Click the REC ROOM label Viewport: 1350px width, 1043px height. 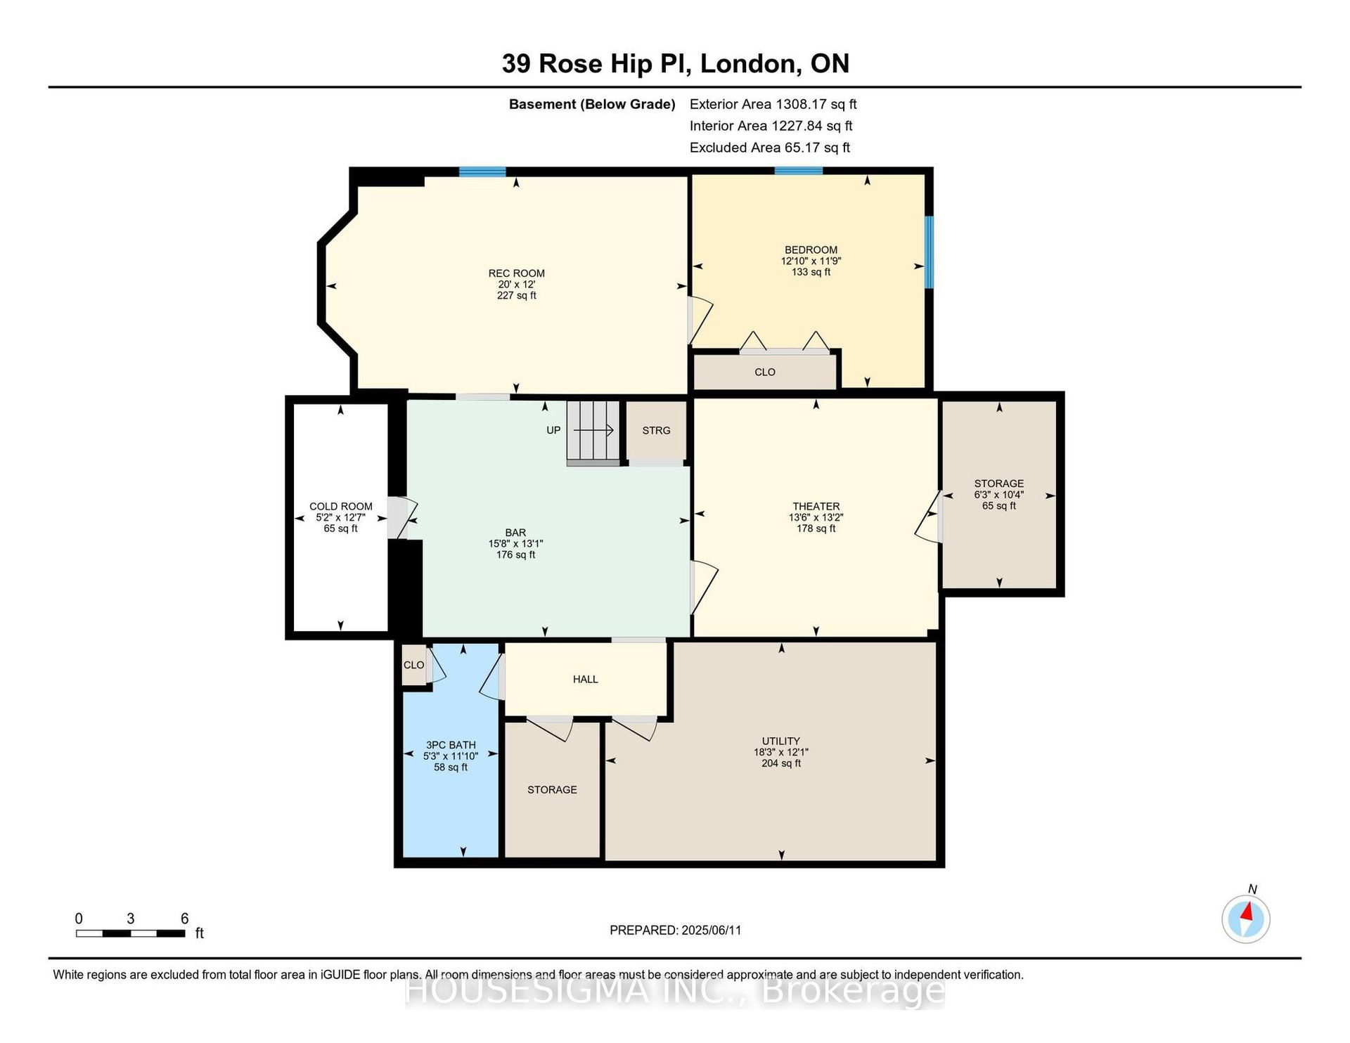point(517,273)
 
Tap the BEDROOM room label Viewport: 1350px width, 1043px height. point(811,250)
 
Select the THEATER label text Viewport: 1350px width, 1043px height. point(816,506)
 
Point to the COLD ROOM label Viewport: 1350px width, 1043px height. point(341,506)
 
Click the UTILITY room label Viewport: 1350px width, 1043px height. point(781,741)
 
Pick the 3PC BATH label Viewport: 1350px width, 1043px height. point(451,745)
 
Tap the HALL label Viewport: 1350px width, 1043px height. point(585,679)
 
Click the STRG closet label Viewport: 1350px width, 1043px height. point(656,430)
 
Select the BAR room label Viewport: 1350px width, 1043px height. point(515,533)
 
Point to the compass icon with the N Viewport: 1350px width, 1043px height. point(1246,919)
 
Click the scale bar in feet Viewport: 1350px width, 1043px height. point(131,933)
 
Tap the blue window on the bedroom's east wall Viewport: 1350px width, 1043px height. point(929,252)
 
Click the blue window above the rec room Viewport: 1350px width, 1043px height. point(482,171)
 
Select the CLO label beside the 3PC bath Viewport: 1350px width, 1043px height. point(413,665)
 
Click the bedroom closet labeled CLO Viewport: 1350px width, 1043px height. point(765,372)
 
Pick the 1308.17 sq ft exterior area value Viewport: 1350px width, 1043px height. point(816,104)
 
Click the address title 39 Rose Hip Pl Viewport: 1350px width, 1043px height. point(597,63)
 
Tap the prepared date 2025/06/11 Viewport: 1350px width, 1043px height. point(711,930)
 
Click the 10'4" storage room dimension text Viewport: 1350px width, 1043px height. point(1012,495)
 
